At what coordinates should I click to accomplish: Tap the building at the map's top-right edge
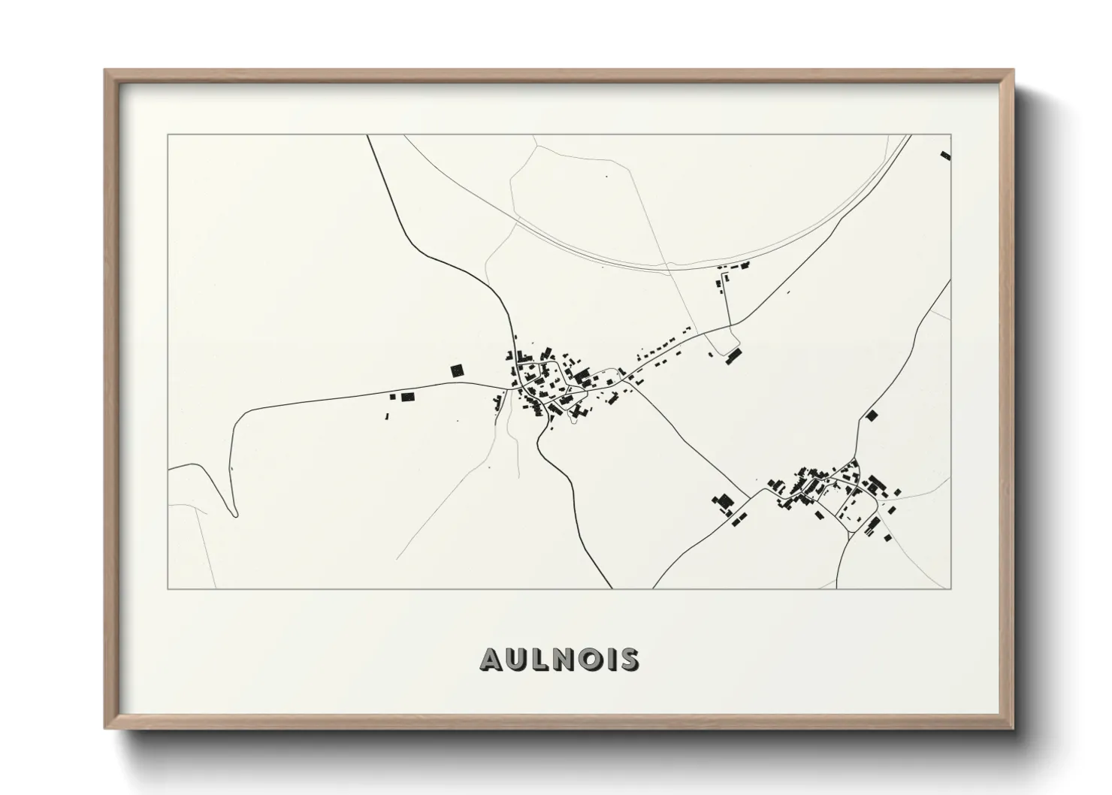[x=945, y=156]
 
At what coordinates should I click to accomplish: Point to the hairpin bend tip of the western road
[x=235, y=515]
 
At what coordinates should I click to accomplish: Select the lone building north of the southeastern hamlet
[x=872, y=415]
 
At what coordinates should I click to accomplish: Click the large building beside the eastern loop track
[x=734, y=355]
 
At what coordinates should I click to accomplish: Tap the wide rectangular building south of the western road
[x=408, y=397]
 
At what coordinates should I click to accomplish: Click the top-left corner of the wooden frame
[x=105, y=71]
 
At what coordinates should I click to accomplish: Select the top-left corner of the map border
[x=168, y=135]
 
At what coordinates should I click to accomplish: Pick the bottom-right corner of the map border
[x=950, y=588]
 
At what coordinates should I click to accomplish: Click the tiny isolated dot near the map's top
[x=607, y=177]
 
